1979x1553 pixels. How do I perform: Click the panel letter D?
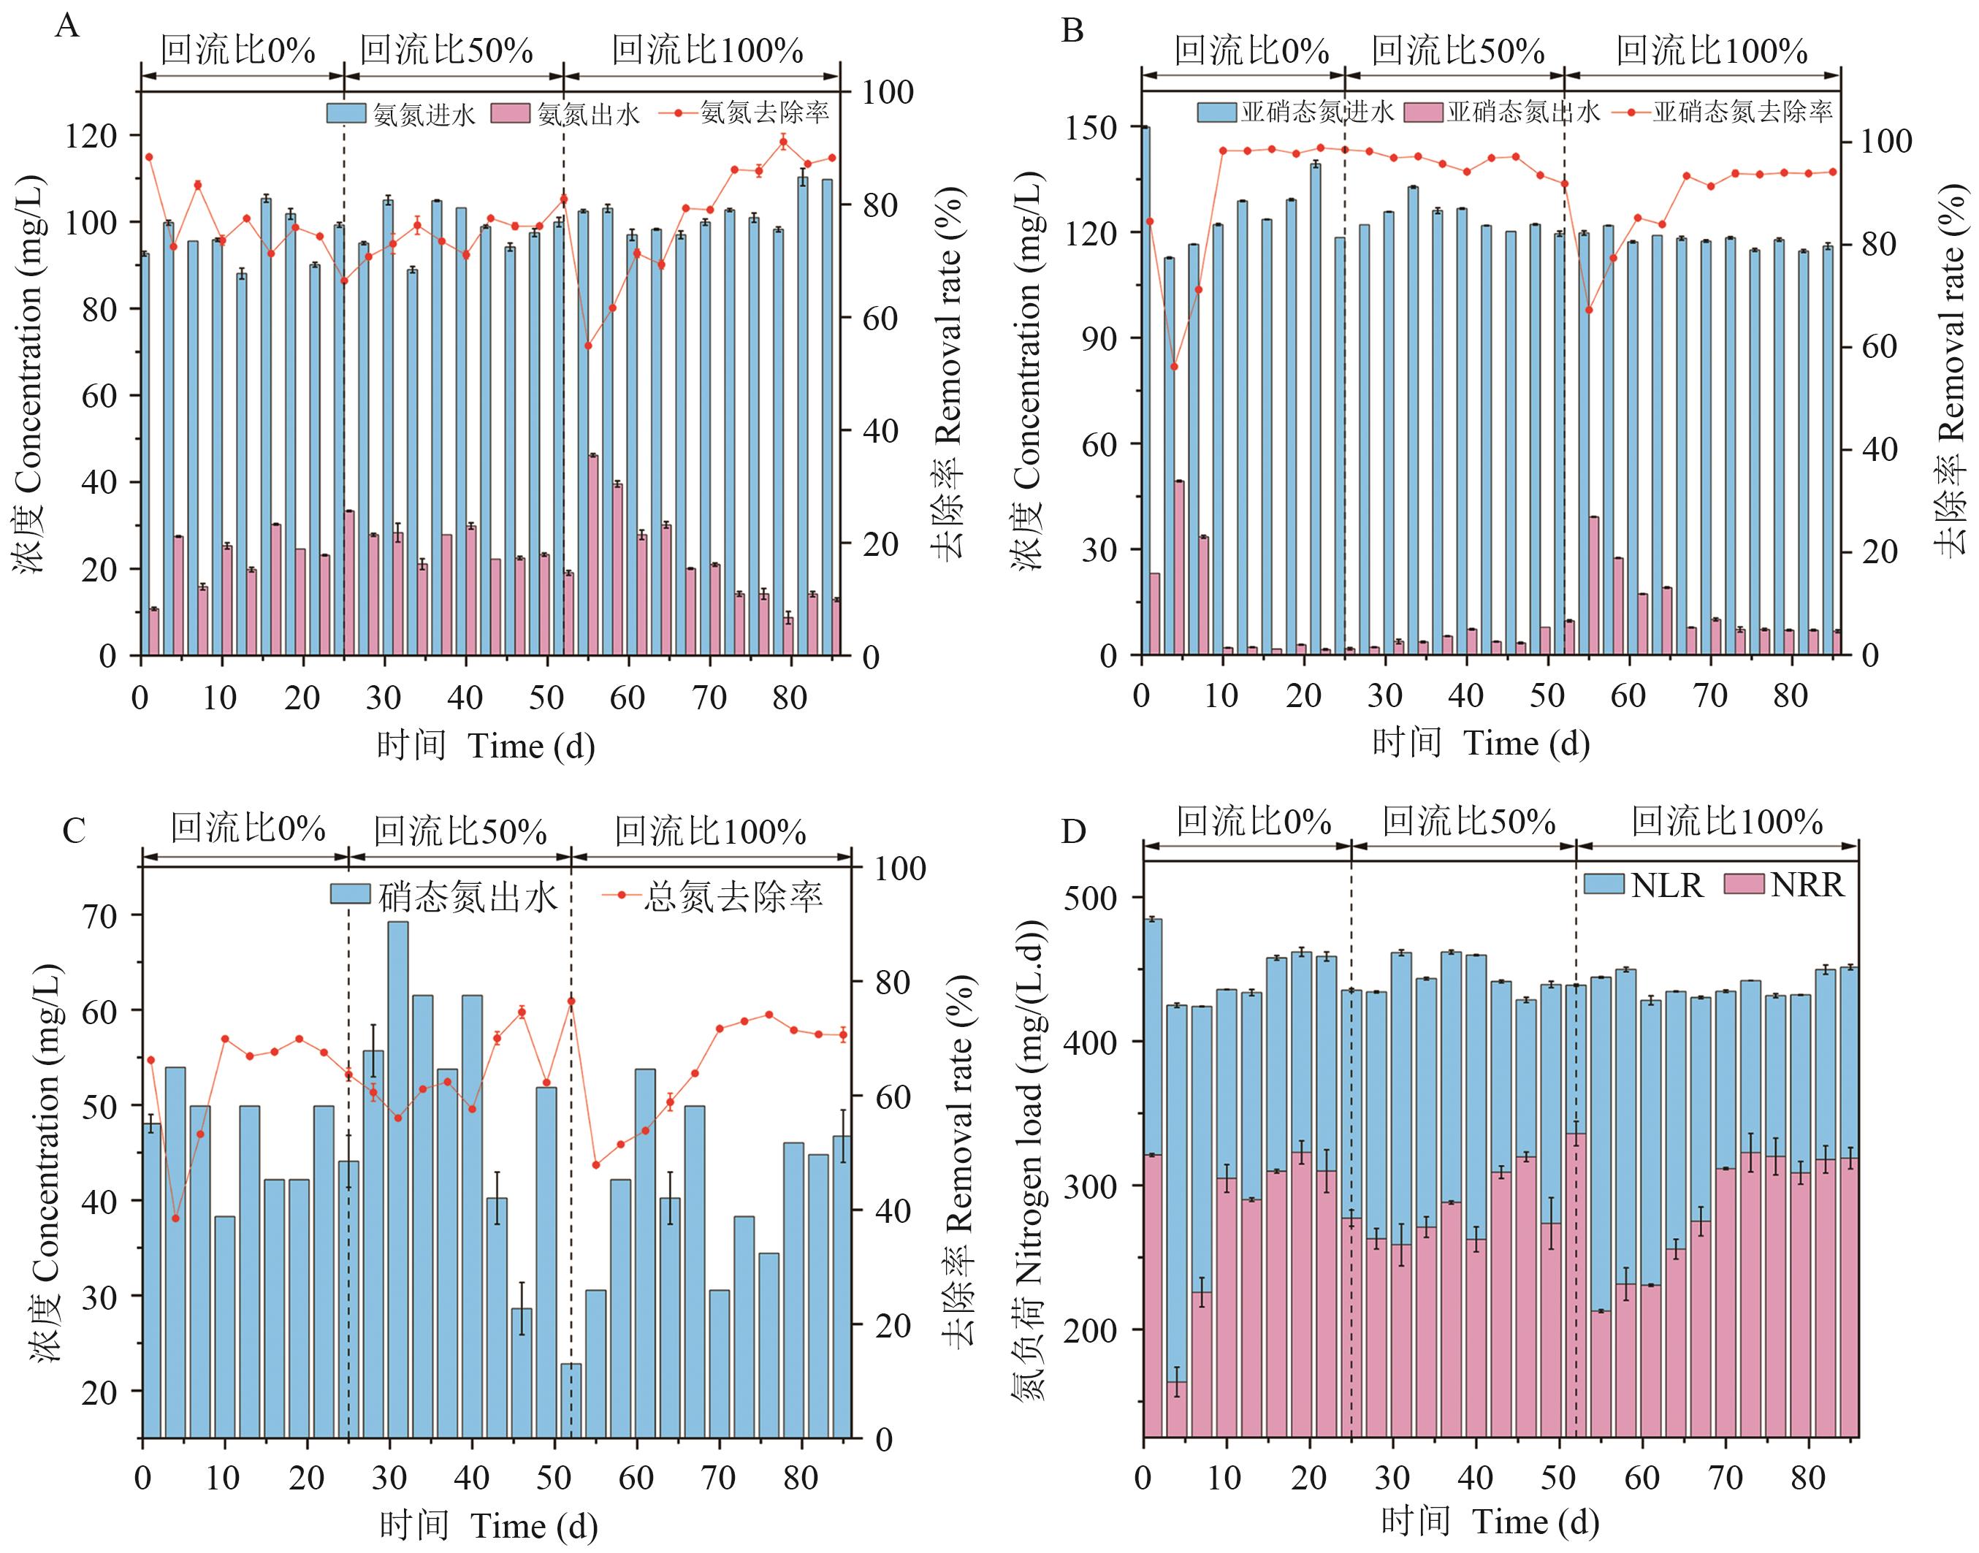coord(1074,832)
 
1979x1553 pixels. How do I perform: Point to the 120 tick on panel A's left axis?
coord(90,135)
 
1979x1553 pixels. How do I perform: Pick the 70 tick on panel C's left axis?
coord(100,915)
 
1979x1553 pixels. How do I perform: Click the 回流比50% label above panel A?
coord(446,50)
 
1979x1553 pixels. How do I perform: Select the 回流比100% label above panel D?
coord(1726,822)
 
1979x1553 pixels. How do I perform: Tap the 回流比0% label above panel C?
coord(247,829)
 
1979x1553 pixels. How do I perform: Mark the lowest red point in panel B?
coord(1173,367)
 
